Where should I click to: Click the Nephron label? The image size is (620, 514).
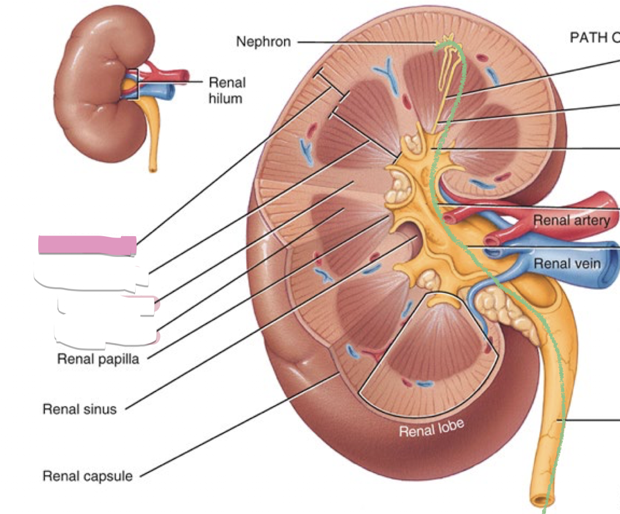(263, 42)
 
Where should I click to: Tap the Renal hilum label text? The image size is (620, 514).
(227, 90)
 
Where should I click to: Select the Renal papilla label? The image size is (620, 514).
(98, 358)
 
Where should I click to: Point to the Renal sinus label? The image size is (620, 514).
(79, 408)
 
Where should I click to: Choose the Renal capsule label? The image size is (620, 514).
(87, 475)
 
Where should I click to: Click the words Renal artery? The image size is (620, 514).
(572, 220)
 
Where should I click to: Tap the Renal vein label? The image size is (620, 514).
(567, 264)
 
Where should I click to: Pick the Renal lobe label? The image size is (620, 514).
(432, 429)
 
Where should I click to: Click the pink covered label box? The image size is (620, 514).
(87, 245)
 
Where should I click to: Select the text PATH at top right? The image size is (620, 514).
(586, 38)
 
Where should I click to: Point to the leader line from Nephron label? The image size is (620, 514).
(362, 42)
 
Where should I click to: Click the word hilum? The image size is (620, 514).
(227, 98)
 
